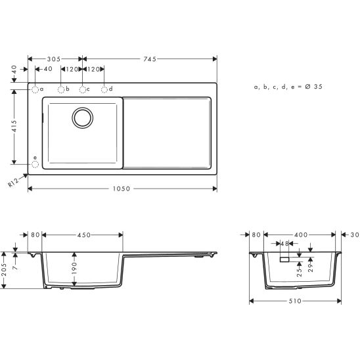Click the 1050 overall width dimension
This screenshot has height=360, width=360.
click(x=122, y=189)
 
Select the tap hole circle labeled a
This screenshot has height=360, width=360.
click(x=34, y=89)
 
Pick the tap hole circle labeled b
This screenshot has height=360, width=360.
click(x=60, y=89)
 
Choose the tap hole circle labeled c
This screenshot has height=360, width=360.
click(x=82, y=89)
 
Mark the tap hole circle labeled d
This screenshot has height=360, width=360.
click(x=104, y=89)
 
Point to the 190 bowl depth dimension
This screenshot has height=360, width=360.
click(x=75, y=268)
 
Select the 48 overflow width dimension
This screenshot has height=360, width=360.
click(x=284, y=244)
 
